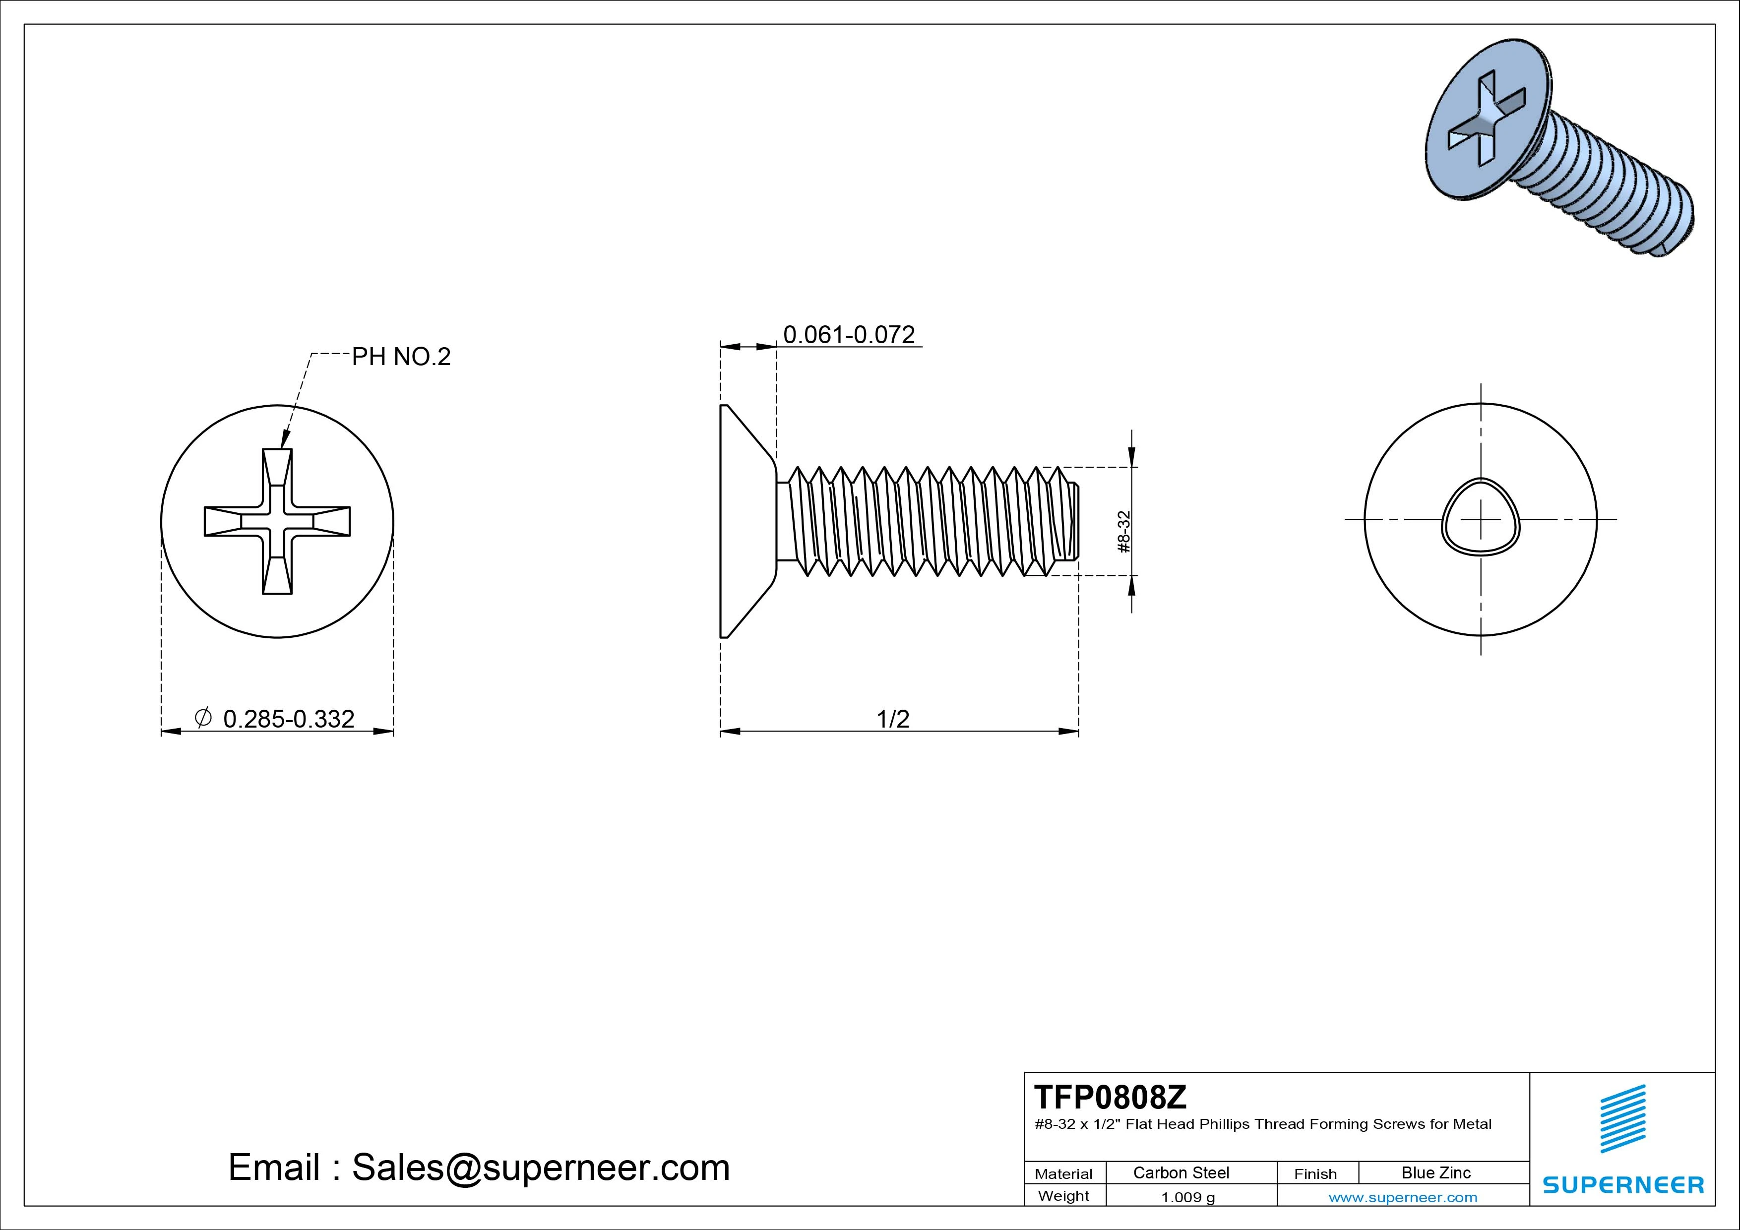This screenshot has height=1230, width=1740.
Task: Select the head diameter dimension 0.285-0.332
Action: tap(289, 719)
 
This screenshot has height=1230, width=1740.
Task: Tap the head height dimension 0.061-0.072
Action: tap(849, 334)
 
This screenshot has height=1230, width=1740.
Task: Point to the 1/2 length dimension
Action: tap(893, 719)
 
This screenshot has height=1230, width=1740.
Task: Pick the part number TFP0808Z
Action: tap(1110, 1097)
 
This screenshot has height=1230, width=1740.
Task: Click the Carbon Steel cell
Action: tap(1181, 1172)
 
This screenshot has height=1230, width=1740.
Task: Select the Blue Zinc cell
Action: tap(1435, 1172)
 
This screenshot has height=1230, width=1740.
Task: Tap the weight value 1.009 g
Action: tap(1187, 1197)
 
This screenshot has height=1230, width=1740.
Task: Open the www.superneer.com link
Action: tap(1403, 1197)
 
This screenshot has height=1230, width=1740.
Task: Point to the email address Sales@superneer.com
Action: tap(540, 1167)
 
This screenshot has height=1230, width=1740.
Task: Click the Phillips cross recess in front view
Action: tap(277, 521)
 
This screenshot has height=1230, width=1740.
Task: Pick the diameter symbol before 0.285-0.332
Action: tap(203, 717)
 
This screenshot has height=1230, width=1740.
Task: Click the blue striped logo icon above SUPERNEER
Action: tap(1622, 1118)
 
